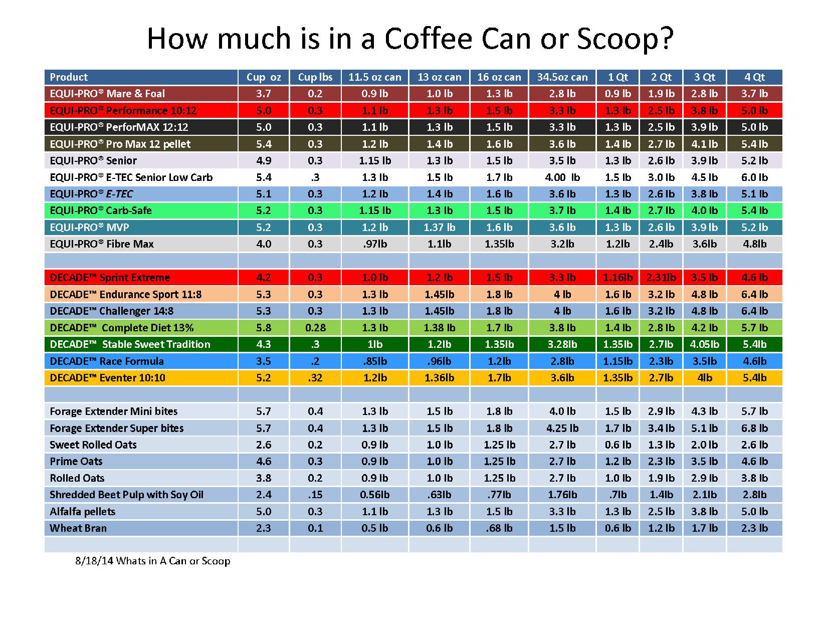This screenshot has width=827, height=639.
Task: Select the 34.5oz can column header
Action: pyautogui.click(x=562, y=77)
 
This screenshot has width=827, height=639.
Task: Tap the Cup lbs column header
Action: pyautogui.click(x=315, y=77)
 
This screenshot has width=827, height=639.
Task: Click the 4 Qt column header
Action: pyautogui.click(x=754, y=77)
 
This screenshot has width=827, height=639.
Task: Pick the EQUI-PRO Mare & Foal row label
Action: pyautogui.click(x=107, y=94)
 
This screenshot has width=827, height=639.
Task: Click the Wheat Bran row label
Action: pyautogui.click(x=78, y=528)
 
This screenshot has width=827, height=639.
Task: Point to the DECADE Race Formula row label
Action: pyautogui.click(x=107, y=361)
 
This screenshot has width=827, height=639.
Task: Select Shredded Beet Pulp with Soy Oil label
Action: pyautogui.click(x=126, y=495)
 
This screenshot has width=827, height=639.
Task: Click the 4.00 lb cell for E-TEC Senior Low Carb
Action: pyautogui.click(x=562, y=177)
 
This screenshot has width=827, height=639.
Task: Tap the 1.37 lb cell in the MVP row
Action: pyautogui.click(x=440, y=228)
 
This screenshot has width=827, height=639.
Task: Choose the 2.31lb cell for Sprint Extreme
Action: pyautogui.click(x=661, y=278)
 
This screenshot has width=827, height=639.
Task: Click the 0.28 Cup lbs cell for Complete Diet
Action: pyautogui.click(x=315, y=328)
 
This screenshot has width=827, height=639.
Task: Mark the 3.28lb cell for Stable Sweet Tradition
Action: pyautogui.click(x=562, y=344)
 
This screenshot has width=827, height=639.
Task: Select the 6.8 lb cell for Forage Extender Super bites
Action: pyautogui.click(x=754, y=428)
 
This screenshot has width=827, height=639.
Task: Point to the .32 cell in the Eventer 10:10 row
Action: pyautogui.click(x=315, y=378)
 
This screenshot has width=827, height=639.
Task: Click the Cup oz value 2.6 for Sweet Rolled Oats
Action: pyautogui.click(x=264, y=445)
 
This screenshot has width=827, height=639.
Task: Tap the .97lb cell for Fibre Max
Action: pyautogui.click(x=375, y=244)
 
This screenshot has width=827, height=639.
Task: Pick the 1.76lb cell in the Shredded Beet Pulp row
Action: pyautogui.click(x=562, y=495)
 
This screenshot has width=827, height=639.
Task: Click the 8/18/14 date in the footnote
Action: pyautogui.click(x=94, y=561)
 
